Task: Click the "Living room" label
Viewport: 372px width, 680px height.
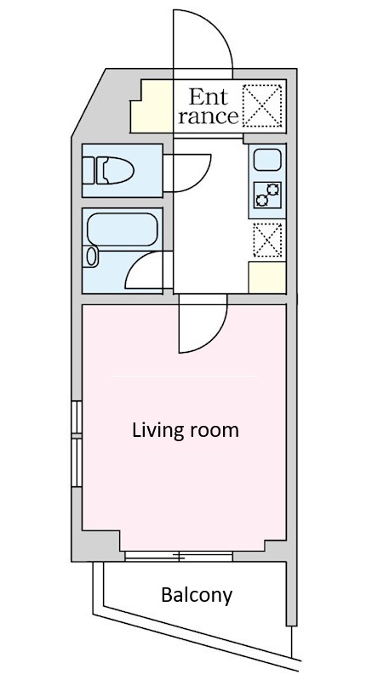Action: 186,431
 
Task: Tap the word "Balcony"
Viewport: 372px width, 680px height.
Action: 197,596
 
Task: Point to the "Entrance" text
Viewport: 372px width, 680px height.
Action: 208,106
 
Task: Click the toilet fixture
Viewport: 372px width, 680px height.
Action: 107,171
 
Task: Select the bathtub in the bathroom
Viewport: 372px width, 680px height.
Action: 122,229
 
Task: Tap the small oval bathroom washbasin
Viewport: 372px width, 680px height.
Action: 92,257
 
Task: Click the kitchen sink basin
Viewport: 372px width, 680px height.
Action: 267,160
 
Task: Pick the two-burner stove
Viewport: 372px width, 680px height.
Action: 267,195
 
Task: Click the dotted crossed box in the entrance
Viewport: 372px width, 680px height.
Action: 261,105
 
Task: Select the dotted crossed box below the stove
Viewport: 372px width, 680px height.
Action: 267,240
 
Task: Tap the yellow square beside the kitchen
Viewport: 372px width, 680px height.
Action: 267,277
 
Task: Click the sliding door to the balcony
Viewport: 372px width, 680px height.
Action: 179,557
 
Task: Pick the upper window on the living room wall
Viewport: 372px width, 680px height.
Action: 77,416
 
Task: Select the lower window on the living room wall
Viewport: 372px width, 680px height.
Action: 77,462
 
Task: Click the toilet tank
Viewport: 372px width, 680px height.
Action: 89,171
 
